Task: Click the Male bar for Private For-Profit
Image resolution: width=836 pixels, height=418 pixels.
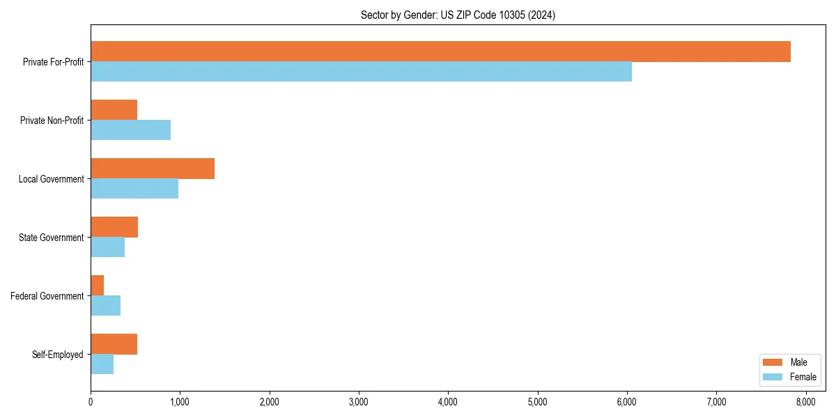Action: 440,52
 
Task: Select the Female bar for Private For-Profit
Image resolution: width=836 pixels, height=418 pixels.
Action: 361,72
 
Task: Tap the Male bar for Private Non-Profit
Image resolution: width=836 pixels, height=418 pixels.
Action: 114,110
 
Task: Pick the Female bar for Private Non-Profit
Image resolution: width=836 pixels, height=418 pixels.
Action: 130,130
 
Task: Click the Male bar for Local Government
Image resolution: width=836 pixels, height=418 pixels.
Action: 153,169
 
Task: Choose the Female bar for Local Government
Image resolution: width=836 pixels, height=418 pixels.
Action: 134,189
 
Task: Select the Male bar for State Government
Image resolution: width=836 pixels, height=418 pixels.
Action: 114,227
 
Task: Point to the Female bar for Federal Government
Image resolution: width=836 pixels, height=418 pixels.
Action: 105,306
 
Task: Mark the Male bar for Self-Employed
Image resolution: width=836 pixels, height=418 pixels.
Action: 114,344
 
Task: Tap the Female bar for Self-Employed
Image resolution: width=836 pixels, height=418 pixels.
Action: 102,364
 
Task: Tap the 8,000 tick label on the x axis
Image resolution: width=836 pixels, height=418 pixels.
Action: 806,401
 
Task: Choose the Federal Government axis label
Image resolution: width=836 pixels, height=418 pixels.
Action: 47,296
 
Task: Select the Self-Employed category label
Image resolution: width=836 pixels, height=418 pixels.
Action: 58,355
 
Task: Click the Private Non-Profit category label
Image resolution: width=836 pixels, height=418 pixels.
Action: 52,121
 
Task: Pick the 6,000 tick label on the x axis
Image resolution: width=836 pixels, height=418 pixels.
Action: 627,401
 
